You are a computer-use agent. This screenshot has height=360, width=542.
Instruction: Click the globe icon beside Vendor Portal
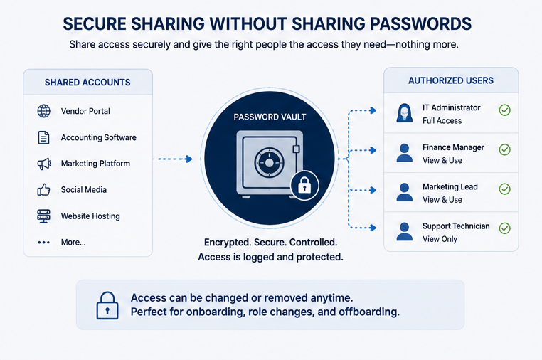coord(43,111)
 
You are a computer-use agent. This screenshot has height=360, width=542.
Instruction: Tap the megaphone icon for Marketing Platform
coord(44,164)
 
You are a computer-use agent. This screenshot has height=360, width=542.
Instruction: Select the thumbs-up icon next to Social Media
coord(43,189)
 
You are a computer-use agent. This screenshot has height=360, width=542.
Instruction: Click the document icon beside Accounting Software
coord(43,137)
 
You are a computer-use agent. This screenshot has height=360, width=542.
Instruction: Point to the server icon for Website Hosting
coord(43,216)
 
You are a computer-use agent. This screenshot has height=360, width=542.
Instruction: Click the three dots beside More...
coord(43,243)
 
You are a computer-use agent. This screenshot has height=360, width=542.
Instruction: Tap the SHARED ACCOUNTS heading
coord(87,83)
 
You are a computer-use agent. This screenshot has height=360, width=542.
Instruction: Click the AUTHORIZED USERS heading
coord(451,80)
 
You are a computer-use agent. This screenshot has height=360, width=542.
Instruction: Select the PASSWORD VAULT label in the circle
coord(270,117)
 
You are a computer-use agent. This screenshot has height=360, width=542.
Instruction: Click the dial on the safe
coord(269,162)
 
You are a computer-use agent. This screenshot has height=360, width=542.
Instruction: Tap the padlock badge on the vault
coord(304,186)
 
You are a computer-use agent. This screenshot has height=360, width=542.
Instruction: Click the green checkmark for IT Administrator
coord(505,110)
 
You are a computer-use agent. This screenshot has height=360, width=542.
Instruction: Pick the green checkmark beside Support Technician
coord(505,228)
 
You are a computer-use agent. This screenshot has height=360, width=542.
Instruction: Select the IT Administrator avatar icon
coord(405,112)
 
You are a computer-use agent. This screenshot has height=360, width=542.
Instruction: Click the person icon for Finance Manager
coord(405,152)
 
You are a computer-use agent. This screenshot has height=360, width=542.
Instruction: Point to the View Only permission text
coord(440,239)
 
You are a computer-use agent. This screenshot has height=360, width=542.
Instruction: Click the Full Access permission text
coord(442,121)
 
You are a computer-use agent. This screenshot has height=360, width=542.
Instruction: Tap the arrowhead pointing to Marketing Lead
coord(373,190)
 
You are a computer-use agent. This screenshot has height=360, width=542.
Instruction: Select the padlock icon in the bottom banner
coord(107,305)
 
